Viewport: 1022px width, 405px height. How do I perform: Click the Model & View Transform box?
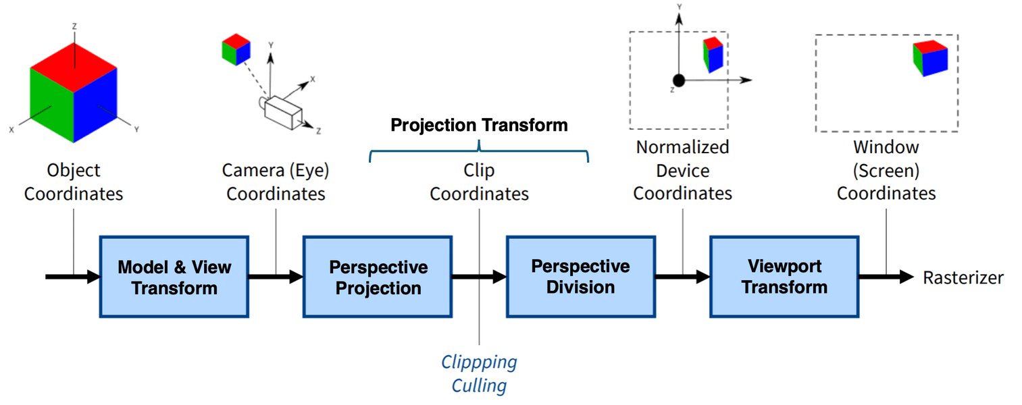click(174, 277)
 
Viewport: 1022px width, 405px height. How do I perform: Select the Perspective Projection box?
click(378, 277)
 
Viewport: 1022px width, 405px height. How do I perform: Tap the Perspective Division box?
click(580, 276)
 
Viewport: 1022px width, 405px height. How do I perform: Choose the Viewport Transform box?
click(784, 276)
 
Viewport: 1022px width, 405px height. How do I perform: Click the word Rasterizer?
click(963, 277)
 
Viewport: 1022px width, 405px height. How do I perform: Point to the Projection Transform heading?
click(479, 125)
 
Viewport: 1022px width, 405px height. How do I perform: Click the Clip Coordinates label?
click(479, 183)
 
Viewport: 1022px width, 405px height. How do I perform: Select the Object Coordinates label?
click(74, 183)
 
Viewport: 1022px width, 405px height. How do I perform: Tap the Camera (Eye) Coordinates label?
click(276, 183)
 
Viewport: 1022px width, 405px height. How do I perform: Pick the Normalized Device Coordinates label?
click(682, 169)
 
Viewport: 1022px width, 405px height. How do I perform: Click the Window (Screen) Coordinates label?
click(886, 169)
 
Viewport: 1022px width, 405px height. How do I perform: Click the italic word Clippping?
click(479, 362)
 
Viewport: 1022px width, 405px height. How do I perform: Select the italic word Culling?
click(479, 386)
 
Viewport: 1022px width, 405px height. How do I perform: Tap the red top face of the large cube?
click(74, 67)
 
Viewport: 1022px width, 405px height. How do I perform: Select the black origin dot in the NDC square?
click(679, 80)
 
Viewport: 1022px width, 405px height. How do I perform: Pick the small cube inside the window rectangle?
click(929, 58)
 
